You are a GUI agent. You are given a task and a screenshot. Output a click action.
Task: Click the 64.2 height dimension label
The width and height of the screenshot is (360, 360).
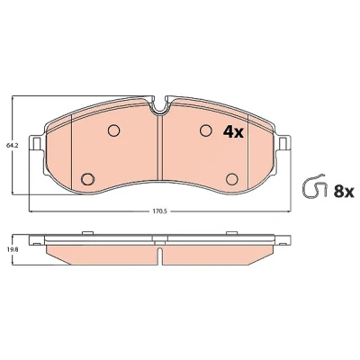pos(11,146)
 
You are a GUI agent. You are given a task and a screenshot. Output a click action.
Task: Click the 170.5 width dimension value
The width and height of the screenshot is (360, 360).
pos(159,211)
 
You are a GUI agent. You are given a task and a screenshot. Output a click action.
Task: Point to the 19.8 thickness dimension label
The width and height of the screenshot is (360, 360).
pos(11,248)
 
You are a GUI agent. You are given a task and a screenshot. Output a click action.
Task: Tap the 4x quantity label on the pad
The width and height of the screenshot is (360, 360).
pos(233,131)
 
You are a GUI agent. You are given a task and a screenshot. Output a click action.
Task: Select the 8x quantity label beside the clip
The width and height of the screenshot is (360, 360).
pos(344,192)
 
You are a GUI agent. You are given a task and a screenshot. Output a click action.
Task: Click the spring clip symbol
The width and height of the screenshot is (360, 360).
pos(315,185)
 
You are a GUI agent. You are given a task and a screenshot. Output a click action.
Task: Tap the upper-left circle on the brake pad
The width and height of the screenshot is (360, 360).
pos(113,130)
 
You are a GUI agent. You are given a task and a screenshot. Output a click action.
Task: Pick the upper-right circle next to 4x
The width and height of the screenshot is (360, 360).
pos(206,130)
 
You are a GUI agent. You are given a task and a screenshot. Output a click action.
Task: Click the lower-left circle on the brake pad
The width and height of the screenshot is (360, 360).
pos(87,179)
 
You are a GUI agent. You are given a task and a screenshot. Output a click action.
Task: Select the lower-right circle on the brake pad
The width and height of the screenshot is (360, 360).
pos(232,179)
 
